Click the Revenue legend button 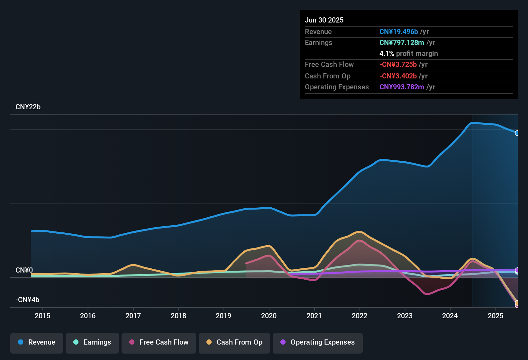[x=37, y=342]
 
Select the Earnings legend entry [x=92, y=342]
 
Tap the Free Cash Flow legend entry [x=159, y=342]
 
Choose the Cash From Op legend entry [x=234, y=342]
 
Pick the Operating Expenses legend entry [x=318, y=342]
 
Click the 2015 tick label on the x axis [x=42, y=316]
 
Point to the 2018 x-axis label [x=178, y=316]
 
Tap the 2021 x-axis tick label [x=314, y=316]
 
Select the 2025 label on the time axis [x=496, y=316]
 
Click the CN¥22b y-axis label [x=28, y=107]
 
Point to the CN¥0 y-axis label [x=24, y=270]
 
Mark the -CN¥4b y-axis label [x=27, y=300]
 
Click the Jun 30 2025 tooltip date [x=324, y=20]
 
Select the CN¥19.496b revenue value [x=399, y=32]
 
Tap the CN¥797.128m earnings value [x=402, y=43]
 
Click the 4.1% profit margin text [x=409, y=54]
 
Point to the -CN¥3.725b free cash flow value [x=398, y=65]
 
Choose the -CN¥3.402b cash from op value [x=398, y=76]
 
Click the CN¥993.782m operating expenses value [x=402, y=87]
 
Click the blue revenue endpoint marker [x=517, y=133]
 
